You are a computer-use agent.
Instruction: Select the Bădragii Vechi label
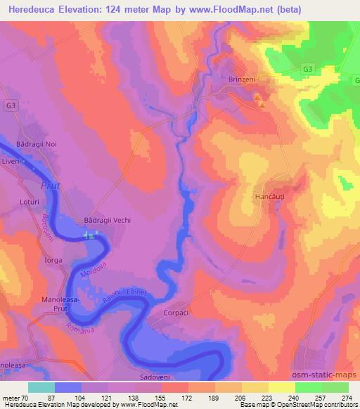(108, 219)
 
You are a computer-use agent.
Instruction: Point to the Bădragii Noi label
(36, 143)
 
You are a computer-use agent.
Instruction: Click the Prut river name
(48, 186)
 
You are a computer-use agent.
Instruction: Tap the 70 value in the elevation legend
(25, 397)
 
